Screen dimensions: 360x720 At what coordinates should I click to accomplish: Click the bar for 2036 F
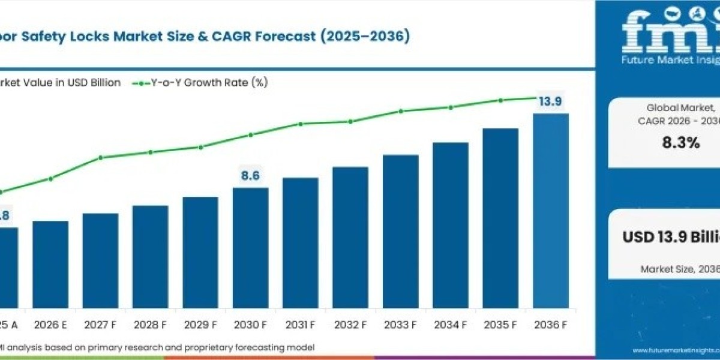(x=550, y=210)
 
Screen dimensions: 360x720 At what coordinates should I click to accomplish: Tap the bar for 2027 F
(x=100, y=260)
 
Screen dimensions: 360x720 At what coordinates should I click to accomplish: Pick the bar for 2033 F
(x=400, y=231)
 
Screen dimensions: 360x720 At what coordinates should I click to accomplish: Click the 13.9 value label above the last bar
(x=550, y=102)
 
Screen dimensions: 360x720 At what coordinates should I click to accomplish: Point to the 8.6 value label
(x=250, y=176)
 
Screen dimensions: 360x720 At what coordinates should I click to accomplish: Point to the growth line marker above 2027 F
(x=101, y=158)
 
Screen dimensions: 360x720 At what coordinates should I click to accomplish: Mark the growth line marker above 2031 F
(x=300, y=124)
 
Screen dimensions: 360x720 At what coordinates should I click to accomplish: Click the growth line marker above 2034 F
(x=450, y=107)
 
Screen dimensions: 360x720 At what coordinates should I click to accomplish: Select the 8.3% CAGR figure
(x=680, y=143)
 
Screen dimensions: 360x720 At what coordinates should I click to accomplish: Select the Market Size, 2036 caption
(x=678, y=269)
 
